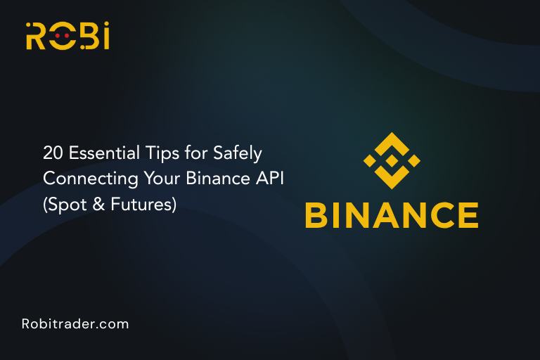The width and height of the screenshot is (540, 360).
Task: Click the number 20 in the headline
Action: coord(51,151)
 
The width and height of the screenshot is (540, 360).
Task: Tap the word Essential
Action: coord(96,151)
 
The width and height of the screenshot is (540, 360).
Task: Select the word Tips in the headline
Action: coord(148,152)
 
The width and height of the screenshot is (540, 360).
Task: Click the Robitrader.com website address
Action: coord(75,324)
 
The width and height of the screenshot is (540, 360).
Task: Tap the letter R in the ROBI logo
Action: coord(36,37)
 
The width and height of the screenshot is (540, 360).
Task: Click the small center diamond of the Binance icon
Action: coord(392,160)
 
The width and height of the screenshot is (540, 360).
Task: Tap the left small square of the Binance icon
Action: coord(368,160)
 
